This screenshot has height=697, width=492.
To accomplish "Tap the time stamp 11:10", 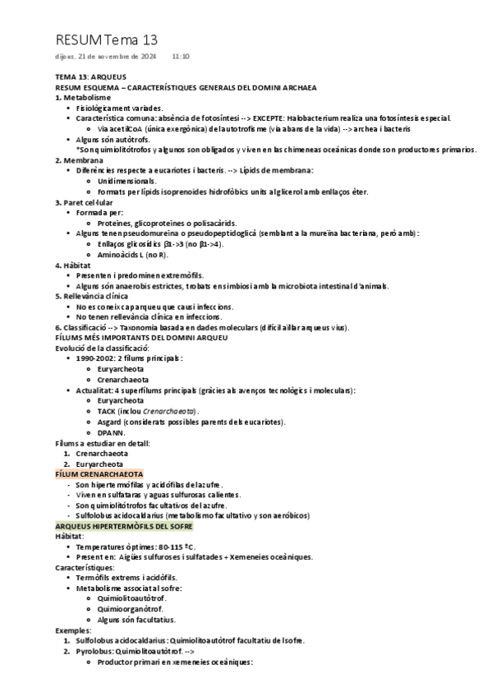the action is pyautogui.click(x=182, y=57).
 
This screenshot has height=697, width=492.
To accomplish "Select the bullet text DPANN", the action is pyautogui.click(x=109, y=432).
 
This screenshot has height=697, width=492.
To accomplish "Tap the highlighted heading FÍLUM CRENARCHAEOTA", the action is pyautogui.click(x=99, y=474).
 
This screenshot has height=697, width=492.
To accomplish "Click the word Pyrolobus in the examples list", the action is pyautogui.click(x=93, y=651).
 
